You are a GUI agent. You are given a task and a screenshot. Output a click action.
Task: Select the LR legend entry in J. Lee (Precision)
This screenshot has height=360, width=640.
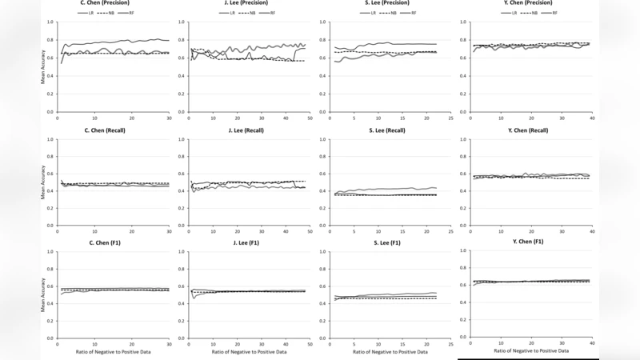(226, 13)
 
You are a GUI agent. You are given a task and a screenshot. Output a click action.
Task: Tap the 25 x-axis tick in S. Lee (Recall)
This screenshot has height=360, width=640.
(450, 230)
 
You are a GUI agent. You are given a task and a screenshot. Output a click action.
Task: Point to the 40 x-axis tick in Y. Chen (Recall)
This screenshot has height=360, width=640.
(592, 230)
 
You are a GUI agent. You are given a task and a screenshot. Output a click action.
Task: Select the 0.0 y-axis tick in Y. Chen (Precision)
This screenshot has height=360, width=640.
(464, 112)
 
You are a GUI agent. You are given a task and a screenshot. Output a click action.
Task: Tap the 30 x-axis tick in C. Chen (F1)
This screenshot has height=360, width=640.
(169, 342)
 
